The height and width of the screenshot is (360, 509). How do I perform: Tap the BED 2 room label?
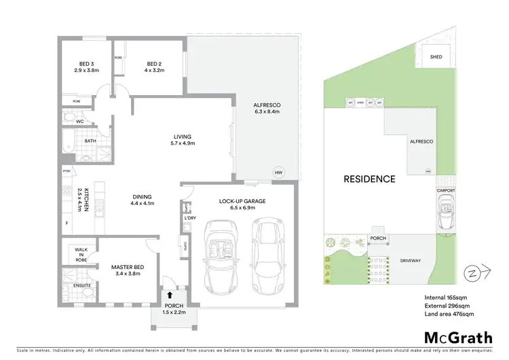point(151,67)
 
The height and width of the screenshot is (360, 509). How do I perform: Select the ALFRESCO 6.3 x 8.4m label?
point(267,107)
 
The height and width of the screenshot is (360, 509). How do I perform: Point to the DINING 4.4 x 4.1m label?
point(143,200)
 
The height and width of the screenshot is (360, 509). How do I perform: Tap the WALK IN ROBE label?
point(81,255)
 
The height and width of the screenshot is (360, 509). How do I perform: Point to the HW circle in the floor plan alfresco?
point(278,173)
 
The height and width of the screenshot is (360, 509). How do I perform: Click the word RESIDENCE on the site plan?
point(369,179)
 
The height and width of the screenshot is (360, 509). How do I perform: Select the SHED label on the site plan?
point(436,57)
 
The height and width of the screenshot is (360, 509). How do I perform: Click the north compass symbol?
point(471,273)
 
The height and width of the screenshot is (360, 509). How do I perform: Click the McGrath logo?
point(450,337)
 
